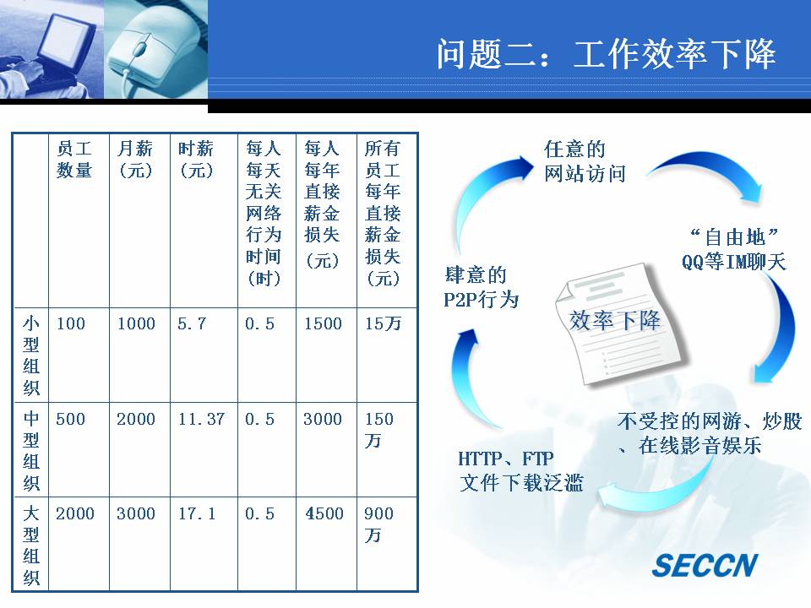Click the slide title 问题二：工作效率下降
[606, 54]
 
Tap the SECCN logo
[705, 565]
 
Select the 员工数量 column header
[74, 160]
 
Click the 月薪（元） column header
[135, 160]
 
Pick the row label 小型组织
[31, 356]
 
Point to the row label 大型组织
[31, 546]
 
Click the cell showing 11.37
[201, 419]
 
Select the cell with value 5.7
[192, 323]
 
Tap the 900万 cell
[378, 524]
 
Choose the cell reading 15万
[384, 323]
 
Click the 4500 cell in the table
[324, 513]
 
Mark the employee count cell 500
[70, 419]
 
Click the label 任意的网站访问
[585, 161]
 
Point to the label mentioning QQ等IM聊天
[734, 249]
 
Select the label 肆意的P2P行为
[481, 287]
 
